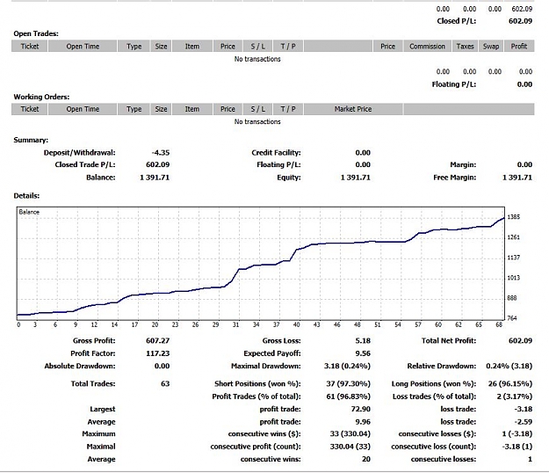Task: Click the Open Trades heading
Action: tap(36, 33)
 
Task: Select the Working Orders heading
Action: tap(41, 97)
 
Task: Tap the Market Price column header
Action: tap(353, 109)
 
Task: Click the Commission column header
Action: tap(427, 47)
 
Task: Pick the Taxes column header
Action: tap(465, 47)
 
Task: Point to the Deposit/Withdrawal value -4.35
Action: tap(161, 153)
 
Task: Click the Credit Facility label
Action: tap(276, 153)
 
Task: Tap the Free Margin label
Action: tap(455, 178)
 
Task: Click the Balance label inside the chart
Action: tap(29, 212)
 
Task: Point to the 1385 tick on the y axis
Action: tap(514, 217)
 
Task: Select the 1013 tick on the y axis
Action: tap(514, 278)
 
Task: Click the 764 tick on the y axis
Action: tap(512, 318)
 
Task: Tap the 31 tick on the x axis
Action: tap(236, 324)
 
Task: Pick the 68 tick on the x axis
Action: tap(499, 324)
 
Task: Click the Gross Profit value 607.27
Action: tap(157, 340)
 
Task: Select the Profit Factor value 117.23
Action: tap(157, 353)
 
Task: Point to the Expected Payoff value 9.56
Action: tap(363, 353)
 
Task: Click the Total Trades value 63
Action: tap(165, 383)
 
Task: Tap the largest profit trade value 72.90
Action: tap(361, 409)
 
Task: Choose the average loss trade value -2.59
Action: tap(524, 422)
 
